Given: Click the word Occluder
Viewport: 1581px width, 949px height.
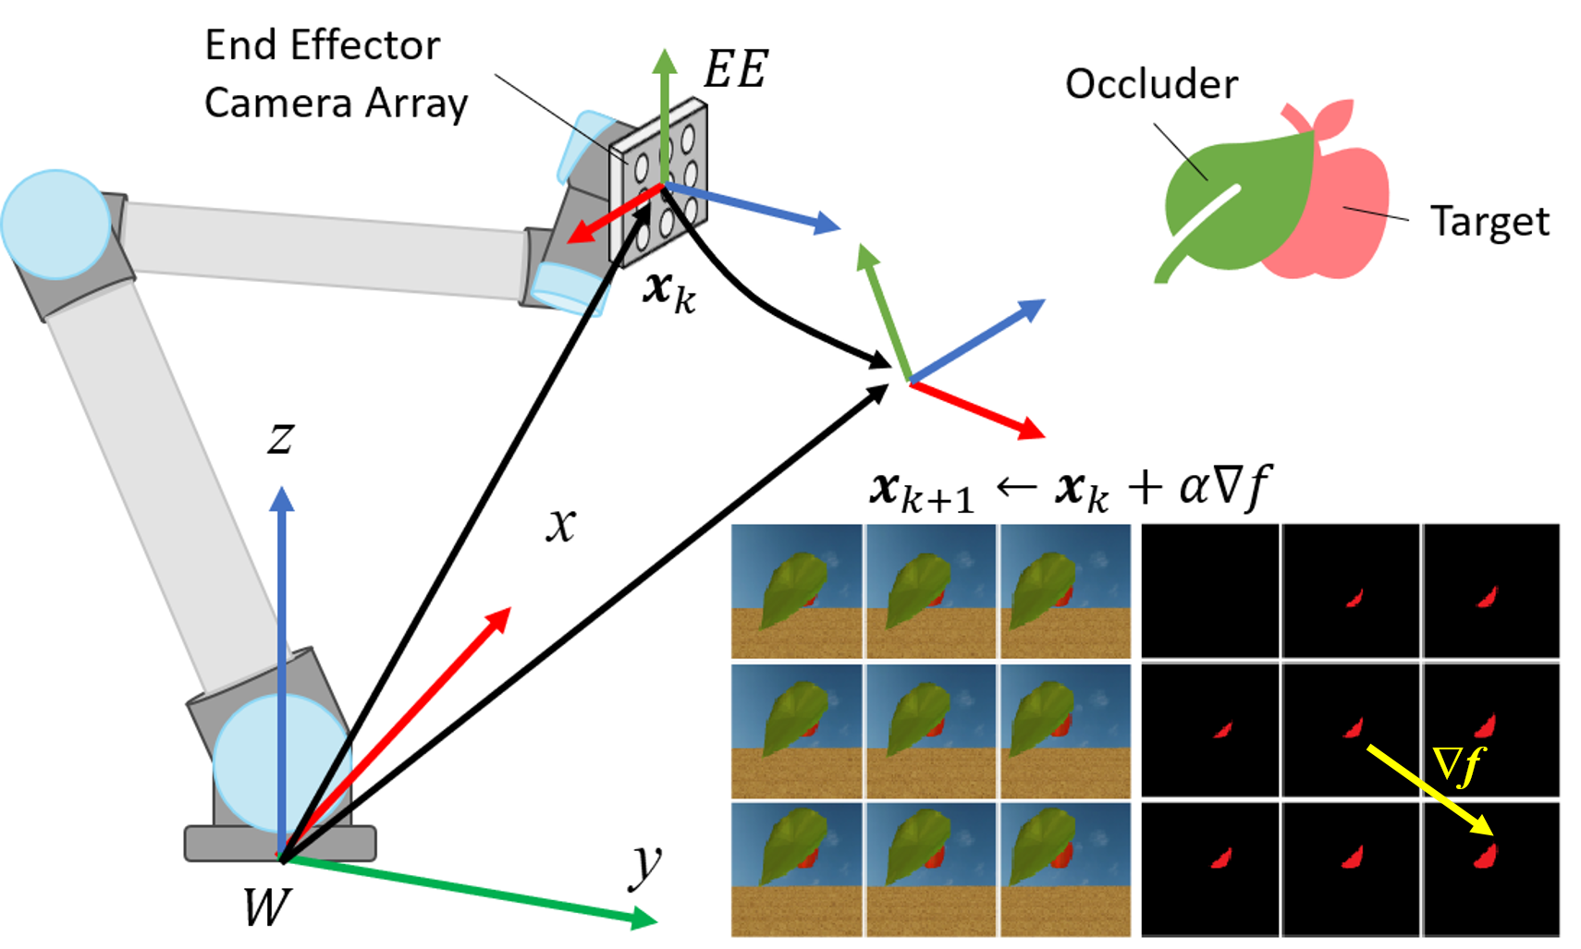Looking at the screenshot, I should click(x=1151, y=84).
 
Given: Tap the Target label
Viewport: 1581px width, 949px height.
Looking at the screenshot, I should click(x=1489, y=222).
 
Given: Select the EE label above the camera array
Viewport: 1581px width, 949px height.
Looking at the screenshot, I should click(x=735, y=69).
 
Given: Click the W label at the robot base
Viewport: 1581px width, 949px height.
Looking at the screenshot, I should click(x=266, y=907).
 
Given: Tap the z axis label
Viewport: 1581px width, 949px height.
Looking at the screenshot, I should click(x=281, y=436).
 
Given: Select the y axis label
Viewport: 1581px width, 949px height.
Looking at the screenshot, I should click(x=645, y=866).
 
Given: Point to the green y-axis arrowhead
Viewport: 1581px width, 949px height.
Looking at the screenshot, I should click(x=645, y=919).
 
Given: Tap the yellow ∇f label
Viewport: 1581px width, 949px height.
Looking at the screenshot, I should click(x=1458, y=765).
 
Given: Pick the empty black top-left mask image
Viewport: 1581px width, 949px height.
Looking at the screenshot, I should click(x=1209, y=591).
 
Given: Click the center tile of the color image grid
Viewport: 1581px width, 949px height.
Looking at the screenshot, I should click(x=931, y=731).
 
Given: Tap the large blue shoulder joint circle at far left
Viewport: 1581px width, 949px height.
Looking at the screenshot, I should click(x=55, y=225).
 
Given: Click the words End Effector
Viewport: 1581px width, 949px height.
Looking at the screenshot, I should click(x=322, y=45).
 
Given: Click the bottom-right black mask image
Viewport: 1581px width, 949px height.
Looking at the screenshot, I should click(x=1490, y=869).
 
